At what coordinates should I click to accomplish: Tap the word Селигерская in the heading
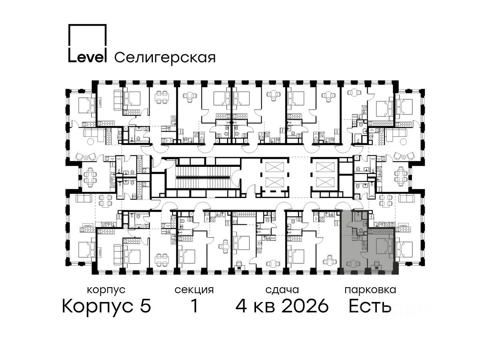point(165,58)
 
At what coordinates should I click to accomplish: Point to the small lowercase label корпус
point(106,290)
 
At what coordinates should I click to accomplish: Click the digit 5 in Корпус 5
point(146,306)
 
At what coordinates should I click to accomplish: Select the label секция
point(194,290)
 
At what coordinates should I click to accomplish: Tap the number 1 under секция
point(194,306)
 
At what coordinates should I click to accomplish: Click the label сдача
point(282,290)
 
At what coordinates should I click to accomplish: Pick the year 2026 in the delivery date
point(305,306)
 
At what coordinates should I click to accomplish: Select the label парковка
point(370,290)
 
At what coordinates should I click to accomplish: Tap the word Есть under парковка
point(370,306)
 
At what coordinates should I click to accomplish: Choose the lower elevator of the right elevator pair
point(325,182)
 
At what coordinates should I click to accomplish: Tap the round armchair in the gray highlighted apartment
point(352,264)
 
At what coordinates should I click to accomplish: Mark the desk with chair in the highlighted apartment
point(376,265)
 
